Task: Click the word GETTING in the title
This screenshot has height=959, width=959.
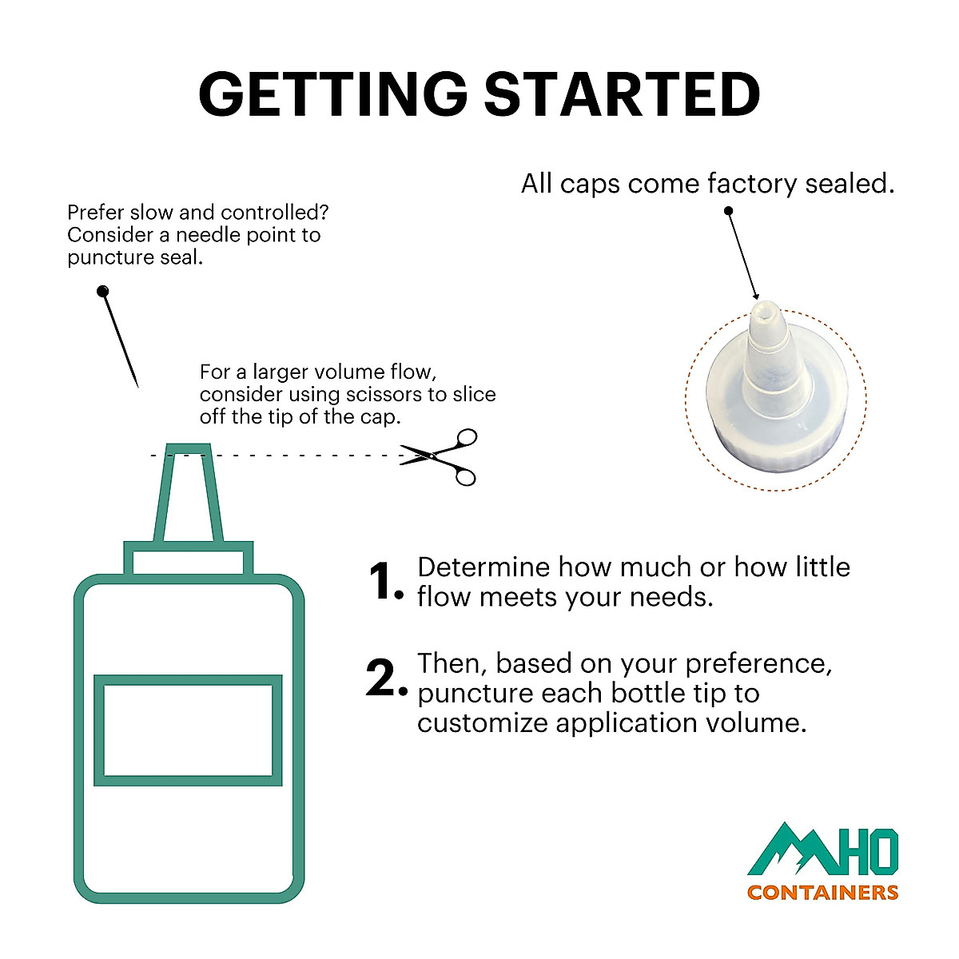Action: pos(333,94)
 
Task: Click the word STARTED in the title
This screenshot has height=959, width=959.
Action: pos(623,94)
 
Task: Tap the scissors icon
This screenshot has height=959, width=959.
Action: pos(439,457)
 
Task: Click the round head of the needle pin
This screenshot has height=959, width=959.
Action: pos(102,291)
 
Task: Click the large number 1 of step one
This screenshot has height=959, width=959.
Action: pos(382,580)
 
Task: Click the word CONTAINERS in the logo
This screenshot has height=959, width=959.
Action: pos(822,893)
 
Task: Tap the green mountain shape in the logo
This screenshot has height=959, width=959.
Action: pos(791,850)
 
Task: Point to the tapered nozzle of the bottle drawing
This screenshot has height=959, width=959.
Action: pos(188,493)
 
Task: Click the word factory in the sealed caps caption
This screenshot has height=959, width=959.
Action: pos(752,184)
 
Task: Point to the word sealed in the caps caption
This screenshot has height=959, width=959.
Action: pos(850,183)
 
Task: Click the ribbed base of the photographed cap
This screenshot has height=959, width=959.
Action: pos(776,451)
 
